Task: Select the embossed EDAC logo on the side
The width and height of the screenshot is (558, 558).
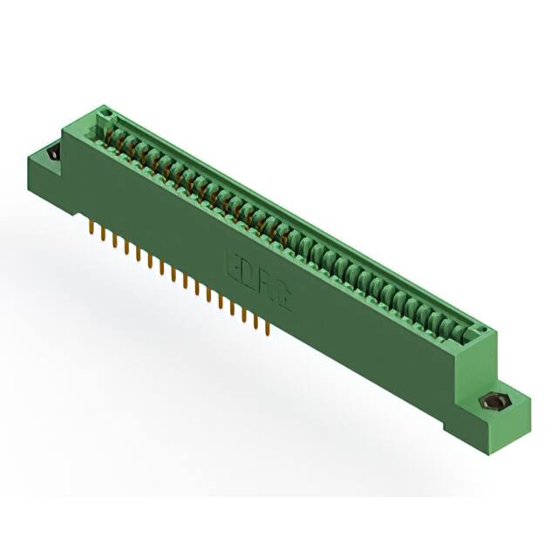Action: click(x=259, y=276)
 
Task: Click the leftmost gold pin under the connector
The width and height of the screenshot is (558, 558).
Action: click(x=93, y=228)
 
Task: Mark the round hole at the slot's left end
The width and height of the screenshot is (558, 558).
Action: click(x=106, y=113)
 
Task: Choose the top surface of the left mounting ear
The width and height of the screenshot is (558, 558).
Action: click(x=48, y=150)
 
